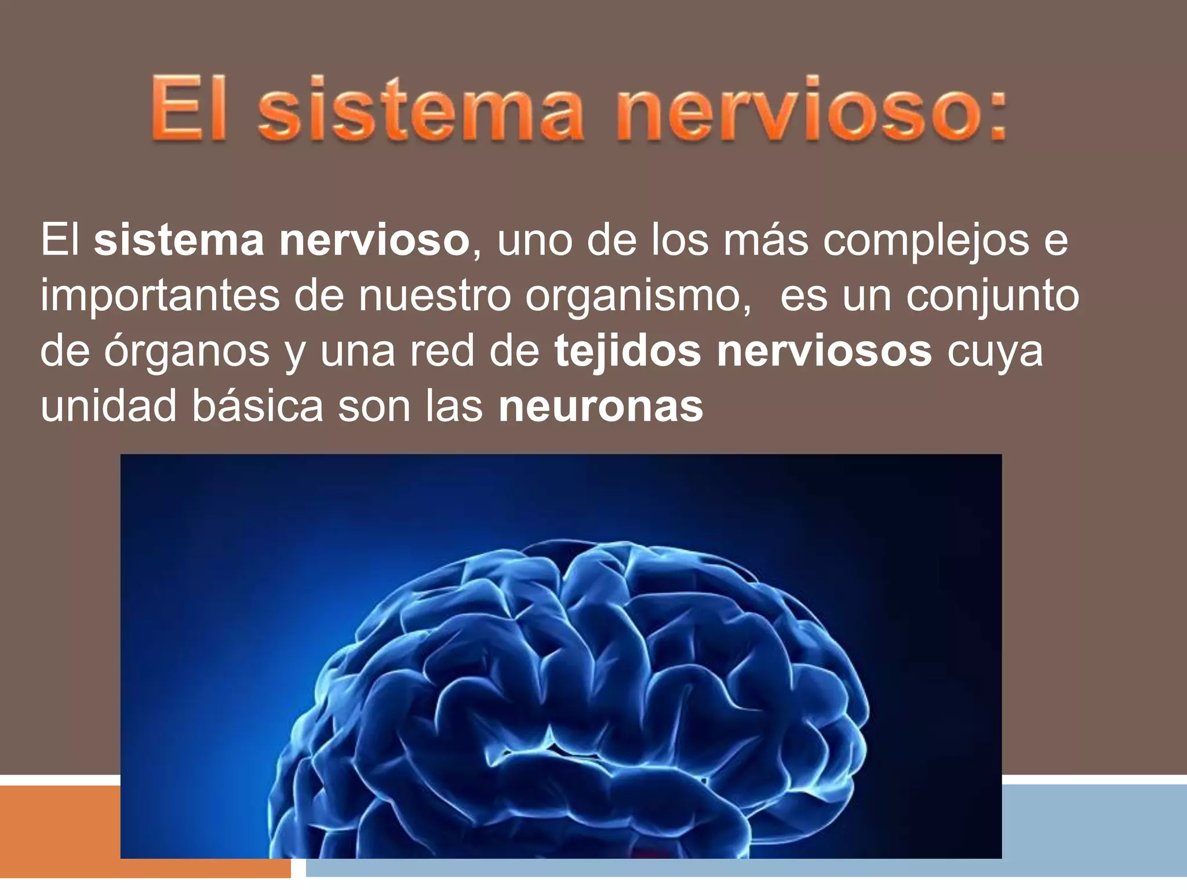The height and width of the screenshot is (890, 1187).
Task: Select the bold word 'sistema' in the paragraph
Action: click(179, 240)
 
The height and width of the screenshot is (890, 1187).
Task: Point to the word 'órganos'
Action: click(187, 352)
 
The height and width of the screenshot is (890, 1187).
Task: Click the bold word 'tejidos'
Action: click(627, 351)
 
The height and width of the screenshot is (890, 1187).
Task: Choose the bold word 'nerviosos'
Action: click(824, 351)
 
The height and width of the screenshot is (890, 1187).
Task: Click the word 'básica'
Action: click(257, 406)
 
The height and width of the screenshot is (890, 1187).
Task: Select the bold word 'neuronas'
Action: click(600, 406)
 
